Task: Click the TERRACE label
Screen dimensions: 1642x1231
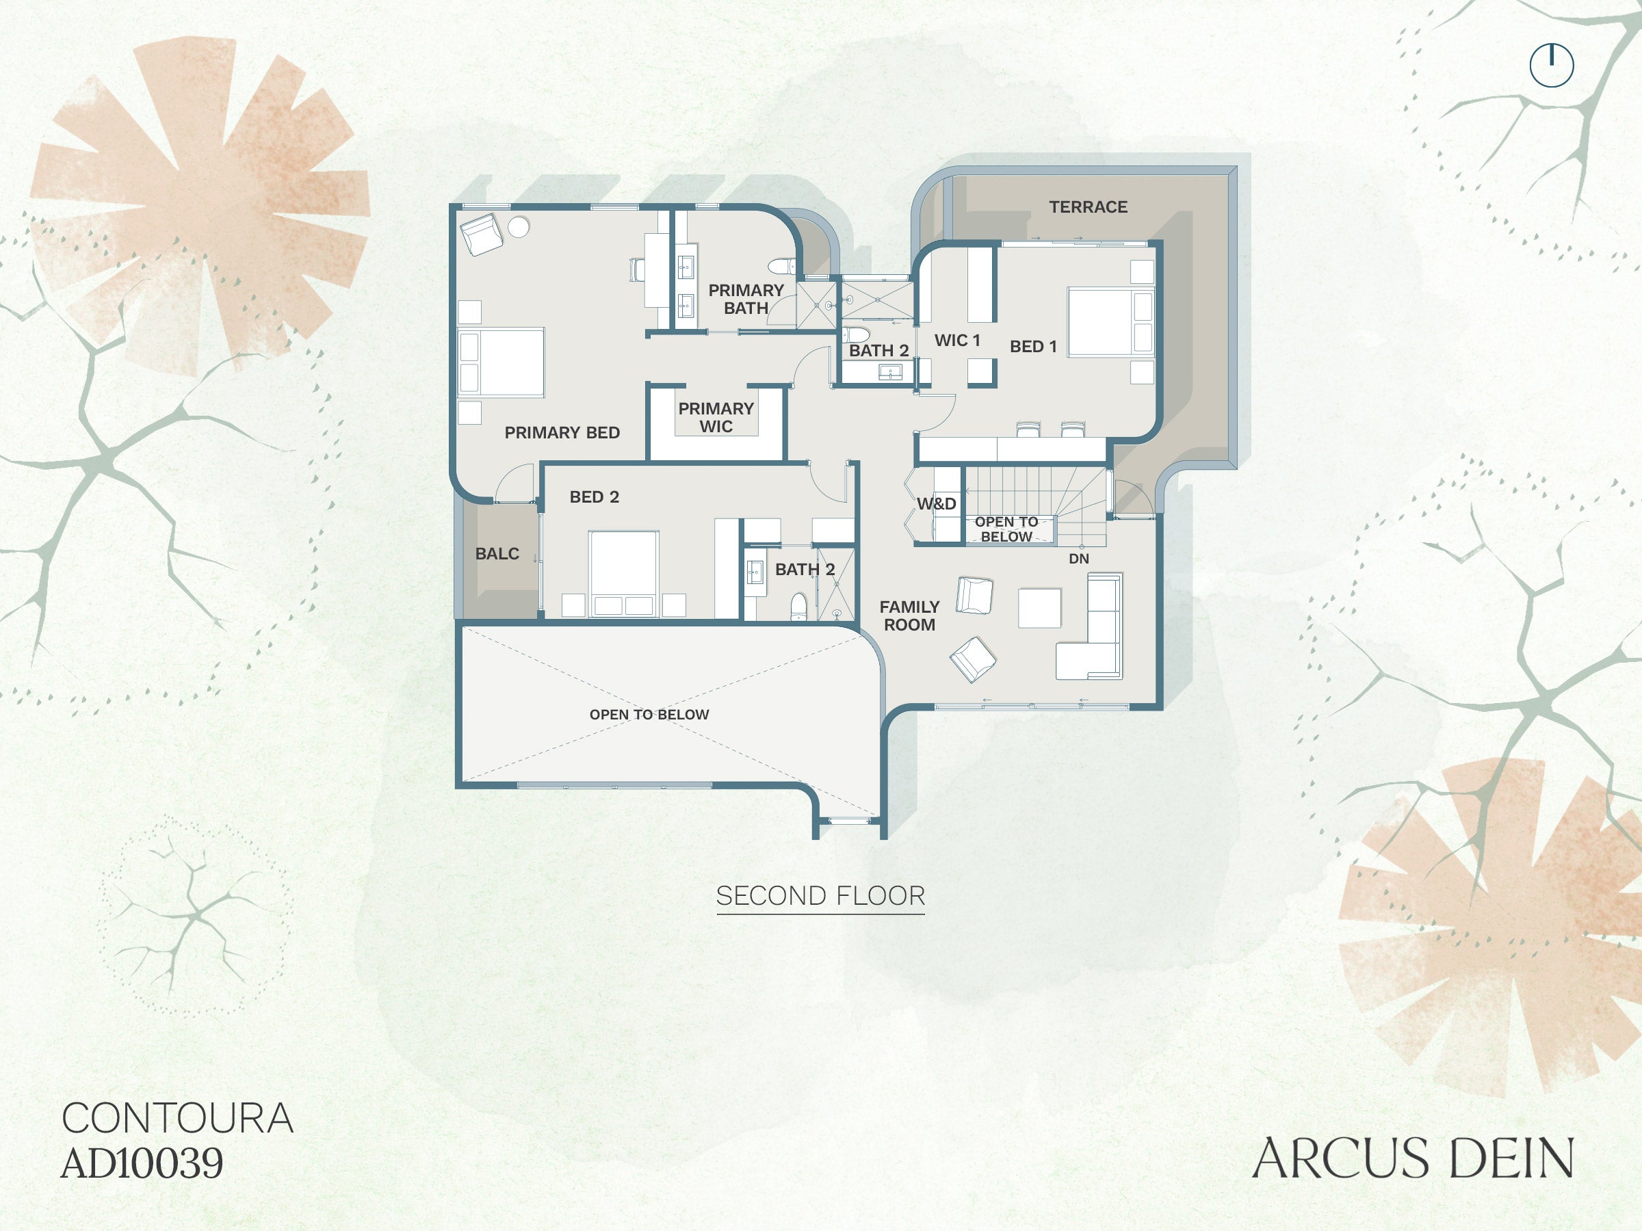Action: [x=1088, y=207]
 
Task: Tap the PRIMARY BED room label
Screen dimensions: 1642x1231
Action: [x=562, y=433]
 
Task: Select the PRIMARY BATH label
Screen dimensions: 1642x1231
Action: [x=746, y=299]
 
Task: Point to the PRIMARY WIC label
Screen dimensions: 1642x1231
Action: [x=716, y=417]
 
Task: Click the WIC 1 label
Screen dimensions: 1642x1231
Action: [x=957, y=340]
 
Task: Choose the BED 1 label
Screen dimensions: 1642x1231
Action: [x=1032, y=347]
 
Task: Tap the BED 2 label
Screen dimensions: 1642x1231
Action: [x=594, y=497]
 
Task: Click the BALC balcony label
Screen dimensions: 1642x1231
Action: [x=497, y=553]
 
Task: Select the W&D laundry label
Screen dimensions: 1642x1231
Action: [x=936, y=504]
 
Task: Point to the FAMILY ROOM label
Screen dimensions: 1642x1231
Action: [x=909, y=616]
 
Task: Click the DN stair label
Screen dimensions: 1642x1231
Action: [x=1078, y=559]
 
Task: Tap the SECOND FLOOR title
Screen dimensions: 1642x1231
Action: [x=820, y=897]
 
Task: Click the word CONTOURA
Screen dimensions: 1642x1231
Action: [x=177, y=1118]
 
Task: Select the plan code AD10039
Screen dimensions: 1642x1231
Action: [x=142, y=1163]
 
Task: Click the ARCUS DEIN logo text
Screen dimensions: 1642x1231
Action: [x=1413, y=1159]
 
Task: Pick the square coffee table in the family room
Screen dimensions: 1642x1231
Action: [x=1039, y=608]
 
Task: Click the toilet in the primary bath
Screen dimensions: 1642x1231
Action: [x=781, y=265]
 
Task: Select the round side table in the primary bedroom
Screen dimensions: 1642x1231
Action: [x=518, y=227]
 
